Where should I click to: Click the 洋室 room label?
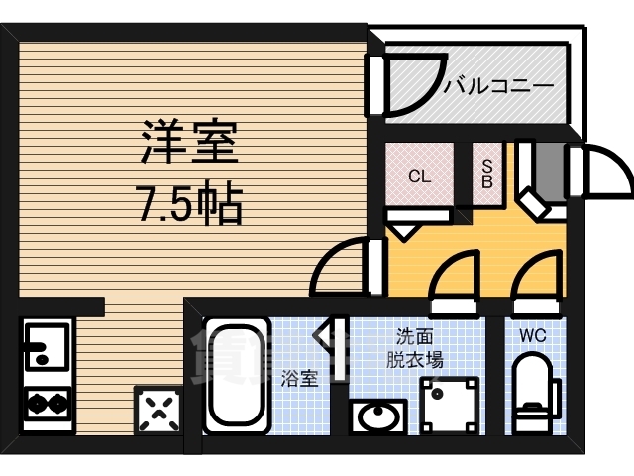coord(188,142)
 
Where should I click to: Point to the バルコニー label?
coord(497,87)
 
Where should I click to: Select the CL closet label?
coord(419,178)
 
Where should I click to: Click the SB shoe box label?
coord(487,175)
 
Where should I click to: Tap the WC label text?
coord(532,334)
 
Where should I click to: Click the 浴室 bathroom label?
coord(299,378)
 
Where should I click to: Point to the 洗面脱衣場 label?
coord(414,347)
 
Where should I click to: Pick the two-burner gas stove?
coord(46,402)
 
